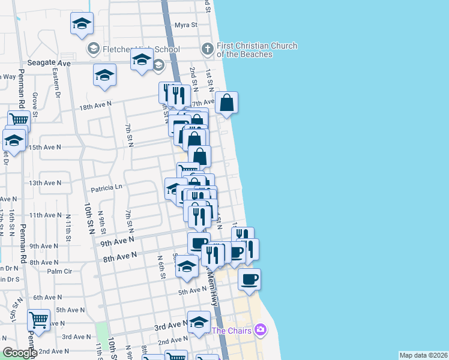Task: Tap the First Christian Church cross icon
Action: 207,48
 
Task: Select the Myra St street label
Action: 186,25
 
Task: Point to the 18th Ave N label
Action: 96,104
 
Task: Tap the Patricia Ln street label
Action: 106,188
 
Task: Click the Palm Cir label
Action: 59,271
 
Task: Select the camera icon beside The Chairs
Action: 260,329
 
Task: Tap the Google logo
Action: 20,353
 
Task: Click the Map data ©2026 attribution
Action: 423,355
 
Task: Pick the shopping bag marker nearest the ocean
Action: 227,103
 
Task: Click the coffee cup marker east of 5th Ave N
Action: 250,278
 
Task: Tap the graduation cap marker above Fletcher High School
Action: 82,24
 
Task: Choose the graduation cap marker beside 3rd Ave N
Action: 199,322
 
